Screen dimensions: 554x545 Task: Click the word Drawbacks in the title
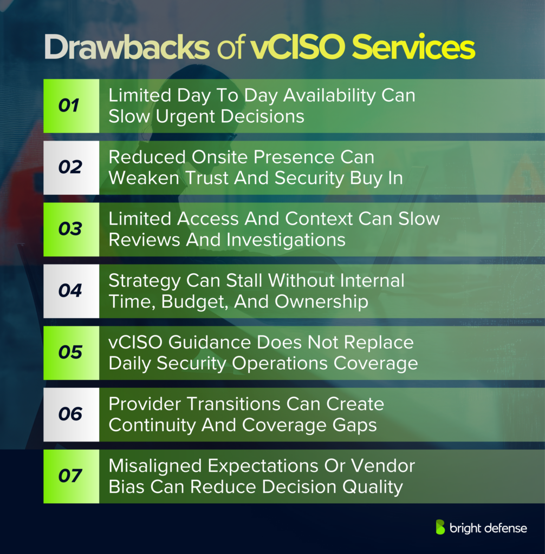[x=126, y=49]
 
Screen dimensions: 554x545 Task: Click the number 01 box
[x=70, y=106]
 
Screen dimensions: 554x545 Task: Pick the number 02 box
[x=70, y=168]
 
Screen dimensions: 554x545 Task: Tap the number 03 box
[x=70, y=229]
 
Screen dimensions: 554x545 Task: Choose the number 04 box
[x=70, y=291]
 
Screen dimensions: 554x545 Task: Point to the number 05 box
[x=70, y=353]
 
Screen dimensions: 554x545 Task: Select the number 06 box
[x=70, y=414]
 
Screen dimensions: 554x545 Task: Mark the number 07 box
[x=70, y=476]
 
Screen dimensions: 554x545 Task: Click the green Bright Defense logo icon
[x=441, y=527]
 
